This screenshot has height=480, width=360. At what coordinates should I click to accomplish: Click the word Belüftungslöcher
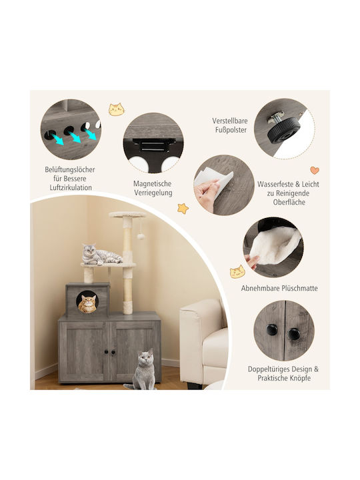70,169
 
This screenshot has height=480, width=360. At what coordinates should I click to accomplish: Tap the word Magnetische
152,184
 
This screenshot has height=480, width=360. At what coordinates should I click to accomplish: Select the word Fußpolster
231,130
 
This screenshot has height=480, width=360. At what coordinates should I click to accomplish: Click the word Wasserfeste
275,184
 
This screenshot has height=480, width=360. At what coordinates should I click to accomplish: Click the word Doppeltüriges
269,369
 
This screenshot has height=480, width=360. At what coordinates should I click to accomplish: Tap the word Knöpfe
301,379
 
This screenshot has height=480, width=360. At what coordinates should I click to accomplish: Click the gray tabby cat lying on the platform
101,255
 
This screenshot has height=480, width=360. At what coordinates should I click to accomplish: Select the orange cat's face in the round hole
87,304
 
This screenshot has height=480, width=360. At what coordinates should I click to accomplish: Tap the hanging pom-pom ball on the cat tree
141,237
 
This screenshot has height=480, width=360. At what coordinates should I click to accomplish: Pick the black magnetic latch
152,145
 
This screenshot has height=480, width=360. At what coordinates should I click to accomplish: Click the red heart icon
315,170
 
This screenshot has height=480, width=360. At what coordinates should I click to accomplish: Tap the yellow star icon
183,209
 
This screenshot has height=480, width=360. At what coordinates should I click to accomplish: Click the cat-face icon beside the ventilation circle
117,109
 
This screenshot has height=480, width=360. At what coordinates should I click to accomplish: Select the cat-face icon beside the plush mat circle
237,272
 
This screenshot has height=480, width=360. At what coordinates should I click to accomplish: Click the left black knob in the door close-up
271,329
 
